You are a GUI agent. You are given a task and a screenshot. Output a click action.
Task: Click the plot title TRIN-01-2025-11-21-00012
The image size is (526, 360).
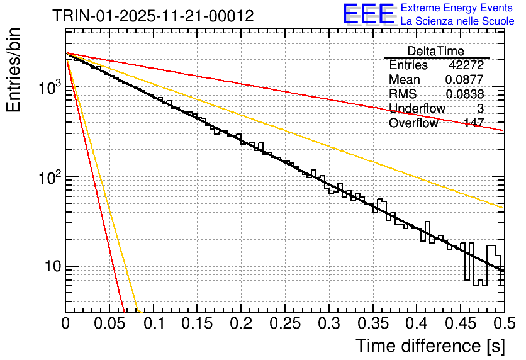154,16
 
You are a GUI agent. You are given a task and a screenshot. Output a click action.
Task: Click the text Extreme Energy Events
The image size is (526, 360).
457,8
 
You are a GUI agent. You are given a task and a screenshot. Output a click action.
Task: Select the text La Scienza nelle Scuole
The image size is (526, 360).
457,21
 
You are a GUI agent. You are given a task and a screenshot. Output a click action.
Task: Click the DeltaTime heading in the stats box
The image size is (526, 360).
436,51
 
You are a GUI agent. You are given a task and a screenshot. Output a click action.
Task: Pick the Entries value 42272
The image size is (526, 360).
466,65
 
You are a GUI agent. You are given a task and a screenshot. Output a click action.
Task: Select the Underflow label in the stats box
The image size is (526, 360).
417,109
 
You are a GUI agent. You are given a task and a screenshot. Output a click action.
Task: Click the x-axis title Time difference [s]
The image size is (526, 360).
428,345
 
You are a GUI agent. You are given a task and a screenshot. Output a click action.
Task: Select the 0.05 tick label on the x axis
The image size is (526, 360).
109,323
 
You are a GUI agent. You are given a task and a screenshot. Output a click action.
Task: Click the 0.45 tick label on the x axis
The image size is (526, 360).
461,323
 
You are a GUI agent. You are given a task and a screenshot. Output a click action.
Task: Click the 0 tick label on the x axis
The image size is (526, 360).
65,323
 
